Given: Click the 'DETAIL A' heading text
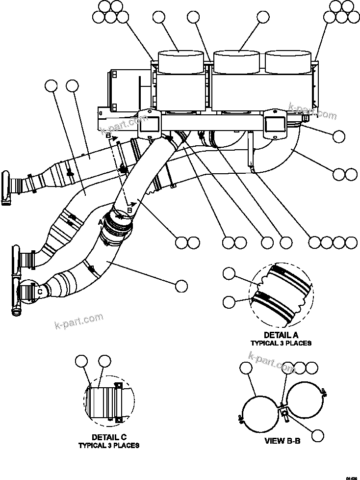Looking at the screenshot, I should [281, 335].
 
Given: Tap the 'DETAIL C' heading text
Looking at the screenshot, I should [109, 437].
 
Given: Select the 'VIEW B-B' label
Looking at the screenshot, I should [282, 441].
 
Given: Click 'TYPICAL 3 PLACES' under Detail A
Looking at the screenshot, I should [281, 343].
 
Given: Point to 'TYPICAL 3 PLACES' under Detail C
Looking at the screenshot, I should [109, 446].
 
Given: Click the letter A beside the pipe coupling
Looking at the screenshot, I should [101, 222].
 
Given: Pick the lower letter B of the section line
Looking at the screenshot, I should [129, 210].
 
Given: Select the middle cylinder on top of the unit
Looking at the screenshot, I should [236, 61].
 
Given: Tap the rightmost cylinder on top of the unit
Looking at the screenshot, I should [288, 61].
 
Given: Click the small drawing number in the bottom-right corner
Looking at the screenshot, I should [351, 477].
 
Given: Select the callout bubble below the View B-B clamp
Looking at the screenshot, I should [318, 435].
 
